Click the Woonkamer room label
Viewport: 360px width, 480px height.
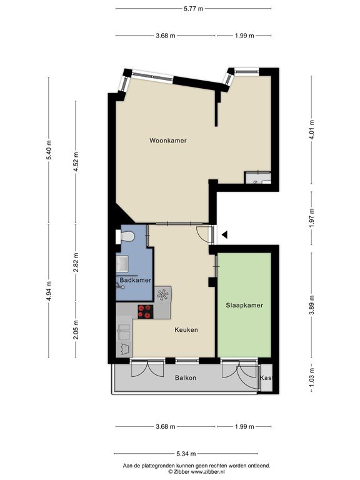(167, 141)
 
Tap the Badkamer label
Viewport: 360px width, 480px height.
(135, 280)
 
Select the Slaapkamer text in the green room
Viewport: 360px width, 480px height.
(244, 305)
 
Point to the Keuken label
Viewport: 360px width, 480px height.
(186, 330)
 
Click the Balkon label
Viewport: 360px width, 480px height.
(186, 377)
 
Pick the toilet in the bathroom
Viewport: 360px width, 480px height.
(126, 237)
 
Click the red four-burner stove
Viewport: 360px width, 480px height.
(146, 312)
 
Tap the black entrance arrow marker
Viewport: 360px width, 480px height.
(225, 235)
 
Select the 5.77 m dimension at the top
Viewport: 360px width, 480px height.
(194, 9)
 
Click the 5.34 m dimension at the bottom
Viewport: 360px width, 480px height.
(186, 453)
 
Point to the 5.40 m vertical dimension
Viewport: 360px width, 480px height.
(49, 150)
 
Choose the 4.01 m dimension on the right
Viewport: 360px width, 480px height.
(312, 129)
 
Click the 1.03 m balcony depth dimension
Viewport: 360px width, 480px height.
(312, 378)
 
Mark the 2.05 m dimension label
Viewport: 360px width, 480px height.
(76, 329)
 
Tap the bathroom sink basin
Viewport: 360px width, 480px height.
(122, 264)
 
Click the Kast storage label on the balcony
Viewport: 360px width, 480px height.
(266, 377)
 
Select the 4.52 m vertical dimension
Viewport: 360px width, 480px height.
(76, 161)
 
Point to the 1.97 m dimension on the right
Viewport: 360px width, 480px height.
(312, 217)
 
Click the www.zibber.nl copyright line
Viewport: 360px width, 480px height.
(196, 472)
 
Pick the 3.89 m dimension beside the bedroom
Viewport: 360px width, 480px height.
(312, 305)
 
